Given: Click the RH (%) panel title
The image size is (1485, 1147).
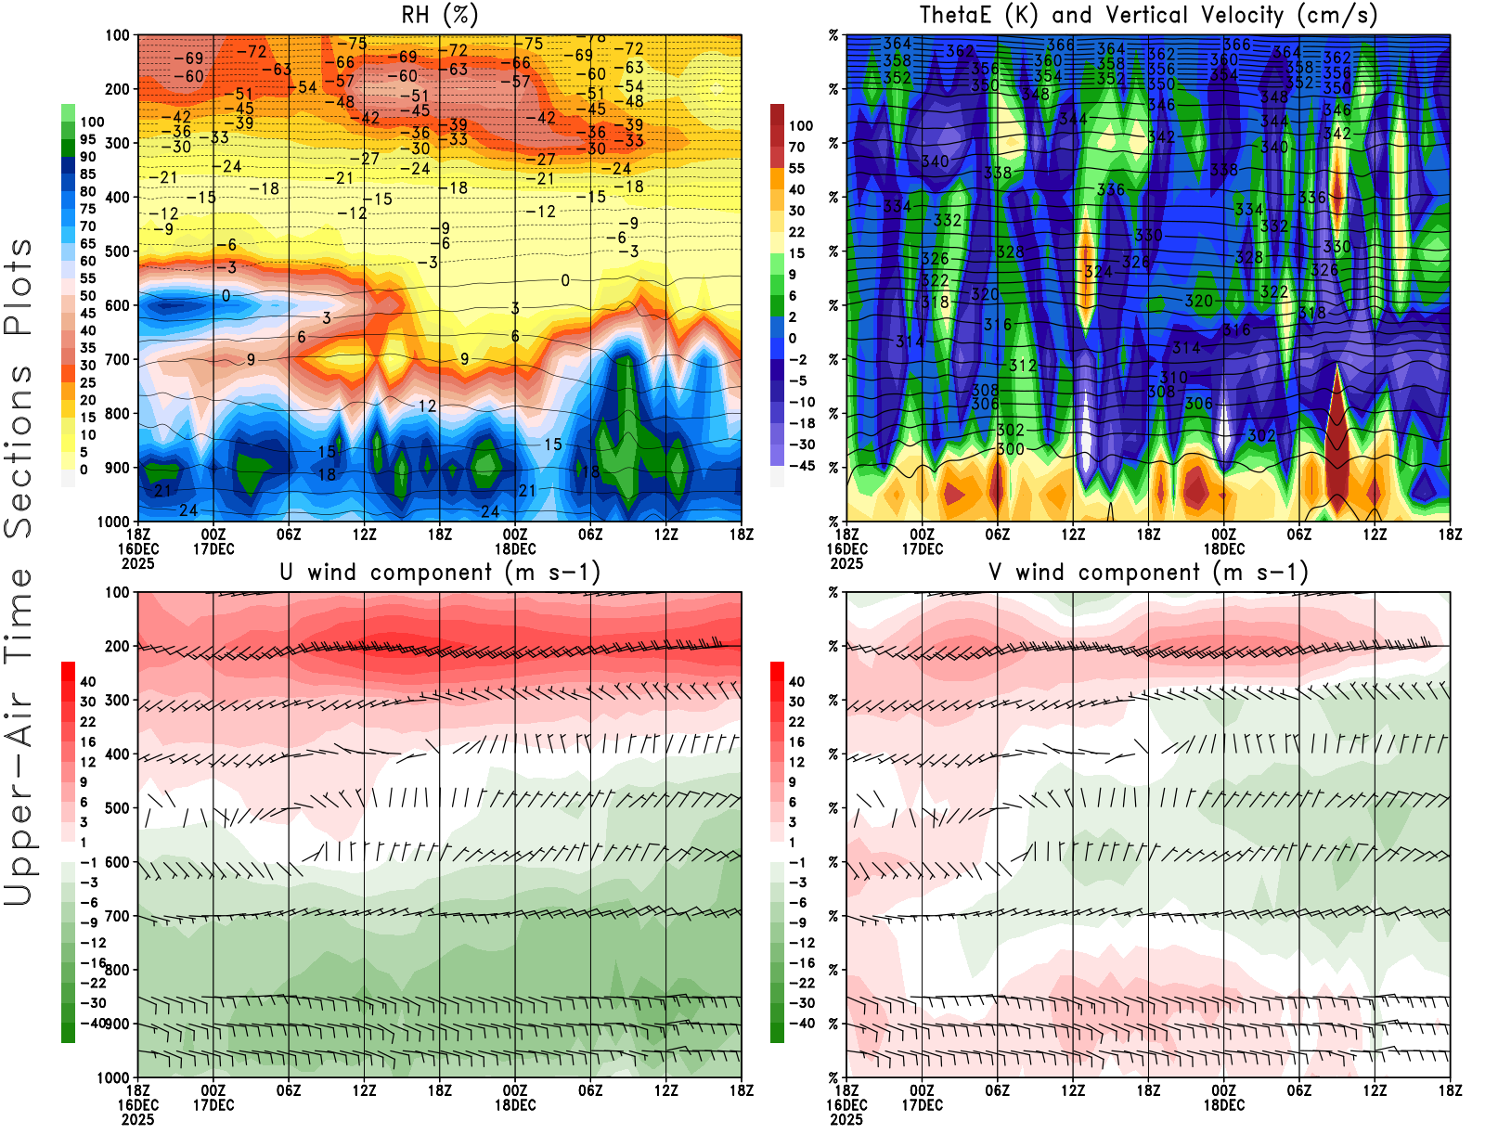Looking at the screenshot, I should (439, 15).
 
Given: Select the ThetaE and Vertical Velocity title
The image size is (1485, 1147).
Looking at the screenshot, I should (1148, 15).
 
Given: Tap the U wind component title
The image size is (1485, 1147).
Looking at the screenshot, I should (440, 572).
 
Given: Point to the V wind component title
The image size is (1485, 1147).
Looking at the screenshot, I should (1148, 572).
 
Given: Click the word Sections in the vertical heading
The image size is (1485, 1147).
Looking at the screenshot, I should (19, 451).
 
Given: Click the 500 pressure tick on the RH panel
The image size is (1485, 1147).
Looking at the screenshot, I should (117, 251).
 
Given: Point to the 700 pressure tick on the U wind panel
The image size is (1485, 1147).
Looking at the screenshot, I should (117, 917).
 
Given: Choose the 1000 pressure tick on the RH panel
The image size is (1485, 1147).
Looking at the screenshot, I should (113, 522).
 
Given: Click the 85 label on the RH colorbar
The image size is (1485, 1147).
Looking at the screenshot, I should (87, 174).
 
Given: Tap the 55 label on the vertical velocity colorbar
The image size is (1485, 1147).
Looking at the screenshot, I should (796, 169).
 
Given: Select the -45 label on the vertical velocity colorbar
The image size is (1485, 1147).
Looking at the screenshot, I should (802, 466).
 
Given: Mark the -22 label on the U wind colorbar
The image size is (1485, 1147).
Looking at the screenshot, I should (93, 983).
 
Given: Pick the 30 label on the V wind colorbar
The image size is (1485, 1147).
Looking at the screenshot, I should (796, 702).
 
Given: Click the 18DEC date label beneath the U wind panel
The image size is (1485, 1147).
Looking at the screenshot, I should (515, 1105).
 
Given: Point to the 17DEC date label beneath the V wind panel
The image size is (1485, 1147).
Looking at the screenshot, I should (922, 1105).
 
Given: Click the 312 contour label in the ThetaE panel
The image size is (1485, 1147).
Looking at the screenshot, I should (1023, 366).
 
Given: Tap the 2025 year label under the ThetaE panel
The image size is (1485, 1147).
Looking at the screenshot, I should (846, 563).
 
